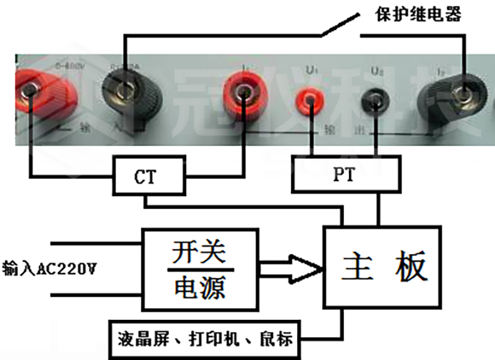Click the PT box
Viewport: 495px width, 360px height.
pos(343,176)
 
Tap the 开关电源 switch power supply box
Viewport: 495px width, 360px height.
pos(200,270)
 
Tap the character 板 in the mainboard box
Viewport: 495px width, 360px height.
pos(411,267)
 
